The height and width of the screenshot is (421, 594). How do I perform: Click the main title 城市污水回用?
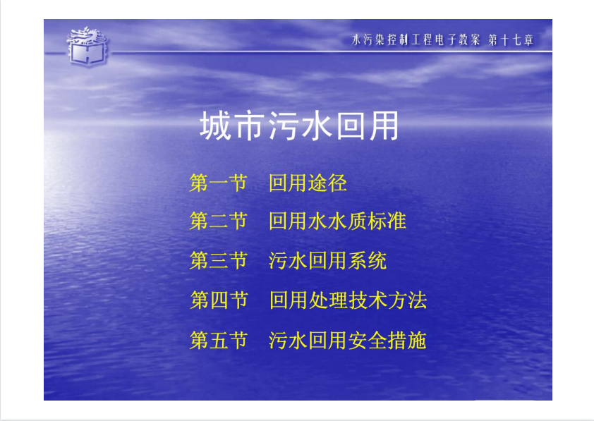coord(299,126)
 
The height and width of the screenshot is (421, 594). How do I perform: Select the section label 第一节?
coord(218,183)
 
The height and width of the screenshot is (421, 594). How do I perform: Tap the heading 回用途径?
coord(308,183)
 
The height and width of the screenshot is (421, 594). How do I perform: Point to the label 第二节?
coord(218,221)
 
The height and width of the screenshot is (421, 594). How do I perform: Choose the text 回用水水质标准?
coord(337,221)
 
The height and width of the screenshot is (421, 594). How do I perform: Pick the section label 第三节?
coord(218,261)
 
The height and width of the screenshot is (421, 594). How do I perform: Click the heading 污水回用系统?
coord(327,261)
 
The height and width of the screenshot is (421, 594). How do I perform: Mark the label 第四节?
coord(219,300)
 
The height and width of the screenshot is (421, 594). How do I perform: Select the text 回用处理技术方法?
coord(348,300)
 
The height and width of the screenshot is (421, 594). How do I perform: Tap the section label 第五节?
coord(218,340)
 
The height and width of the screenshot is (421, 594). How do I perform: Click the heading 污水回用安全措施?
coord(347,340)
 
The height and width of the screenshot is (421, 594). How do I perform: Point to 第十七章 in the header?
coord(511,39)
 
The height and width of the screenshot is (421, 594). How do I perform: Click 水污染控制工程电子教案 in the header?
coord(416,39)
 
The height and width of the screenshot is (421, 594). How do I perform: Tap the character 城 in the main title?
coord(215,126)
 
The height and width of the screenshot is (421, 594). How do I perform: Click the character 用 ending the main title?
coord(384,126)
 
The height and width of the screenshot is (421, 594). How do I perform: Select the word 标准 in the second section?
coord(387,221)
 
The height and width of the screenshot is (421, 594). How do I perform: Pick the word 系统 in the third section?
coord(367,261)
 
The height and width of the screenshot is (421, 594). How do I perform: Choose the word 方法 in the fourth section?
coord(407,300)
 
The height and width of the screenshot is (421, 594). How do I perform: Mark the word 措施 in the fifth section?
coord(407,340)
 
